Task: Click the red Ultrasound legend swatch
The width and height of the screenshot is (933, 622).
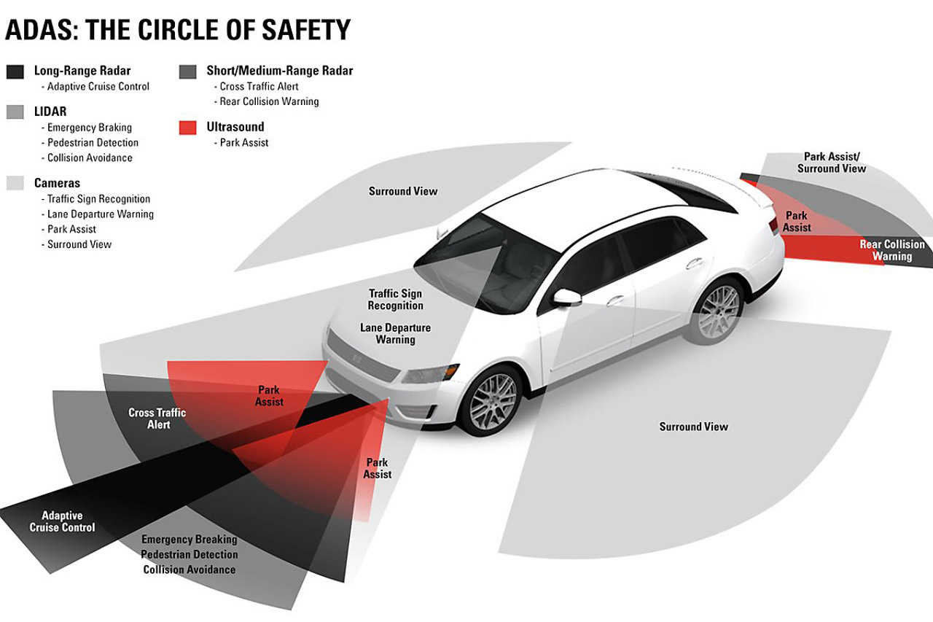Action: pyautogui.click(x=187, y=128)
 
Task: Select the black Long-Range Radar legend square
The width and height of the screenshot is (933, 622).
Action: pyautogui.click(x=15, y=71)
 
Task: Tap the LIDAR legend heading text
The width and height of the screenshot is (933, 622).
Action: pyautogui.click(x=50, y=112)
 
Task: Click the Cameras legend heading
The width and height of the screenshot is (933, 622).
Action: pyautogui.click(x=57, y=183)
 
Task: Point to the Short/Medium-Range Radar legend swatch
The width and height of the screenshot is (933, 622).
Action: pyautogui.click(x=187, y=71)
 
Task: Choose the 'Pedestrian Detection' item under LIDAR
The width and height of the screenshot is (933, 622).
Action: pyautogui.click(x=93, y=142)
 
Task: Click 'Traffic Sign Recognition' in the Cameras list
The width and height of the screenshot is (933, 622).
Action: pyautogui.click(x=98, y=199)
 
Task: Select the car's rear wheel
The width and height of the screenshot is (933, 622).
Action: pyautogui.click(x=717, y=311)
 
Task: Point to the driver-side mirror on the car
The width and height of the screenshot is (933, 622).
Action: pyautogui.click(x=567, y=298)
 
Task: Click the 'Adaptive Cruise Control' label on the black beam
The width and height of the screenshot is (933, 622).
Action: pyautogui.click(x=62, y=521)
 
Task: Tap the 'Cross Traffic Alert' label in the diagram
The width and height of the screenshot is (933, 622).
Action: pyautogui.click(x=157, y=419)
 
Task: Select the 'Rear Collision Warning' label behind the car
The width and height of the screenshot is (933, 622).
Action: pyautogui.click(x=892, y=250)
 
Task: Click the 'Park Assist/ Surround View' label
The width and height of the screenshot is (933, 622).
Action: pyautogui.click(x=832, y=163)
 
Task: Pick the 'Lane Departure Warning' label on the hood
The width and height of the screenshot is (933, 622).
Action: pyautogui.click(x=395, y=333)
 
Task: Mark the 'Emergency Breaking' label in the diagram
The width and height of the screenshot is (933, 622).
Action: pyautogui.click(x=189, y=539)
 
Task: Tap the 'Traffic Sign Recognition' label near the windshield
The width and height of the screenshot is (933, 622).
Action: pyautogui.click(x=395, y=300)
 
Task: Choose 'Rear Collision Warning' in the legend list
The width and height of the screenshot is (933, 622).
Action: pyautogui.click(x=269, y=101)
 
